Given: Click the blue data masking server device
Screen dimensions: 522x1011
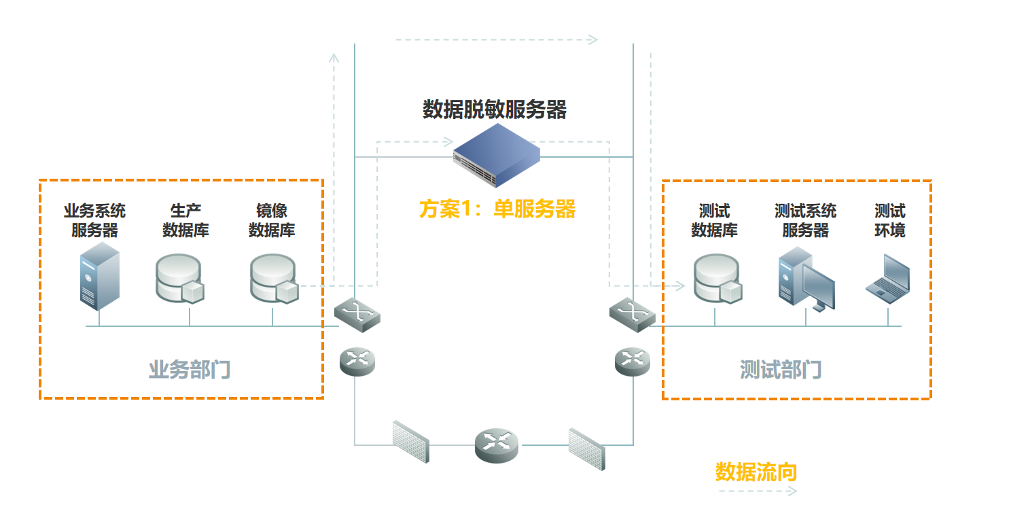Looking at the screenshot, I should point(497,155).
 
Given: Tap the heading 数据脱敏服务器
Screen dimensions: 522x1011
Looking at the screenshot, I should point(495,109).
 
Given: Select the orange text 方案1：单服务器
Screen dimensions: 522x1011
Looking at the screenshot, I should point(497,209).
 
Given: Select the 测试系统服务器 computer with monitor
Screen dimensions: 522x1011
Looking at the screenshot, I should point(806,279).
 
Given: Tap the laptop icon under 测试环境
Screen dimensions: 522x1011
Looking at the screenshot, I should point(888,279).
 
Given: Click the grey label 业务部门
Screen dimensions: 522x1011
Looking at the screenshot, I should point(190,370).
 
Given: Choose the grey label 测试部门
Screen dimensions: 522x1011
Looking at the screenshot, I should point(781,370).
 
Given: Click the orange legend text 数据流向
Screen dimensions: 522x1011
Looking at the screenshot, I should point(756,472).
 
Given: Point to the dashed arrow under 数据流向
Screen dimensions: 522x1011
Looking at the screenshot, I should point(757,491).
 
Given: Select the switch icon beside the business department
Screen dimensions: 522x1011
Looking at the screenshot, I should point(357,314).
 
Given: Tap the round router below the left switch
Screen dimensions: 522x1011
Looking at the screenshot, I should point(357,361).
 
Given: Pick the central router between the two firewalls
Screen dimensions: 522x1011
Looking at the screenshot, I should point(497,445).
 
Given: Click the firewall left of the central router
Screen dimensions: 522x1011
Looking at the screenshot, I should point(411,442).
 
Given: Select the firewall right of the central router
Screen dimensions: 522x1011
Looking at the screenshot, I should point(586,449).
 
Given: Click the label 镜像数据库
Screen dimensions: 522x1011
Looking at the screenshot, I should point(272,221).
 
